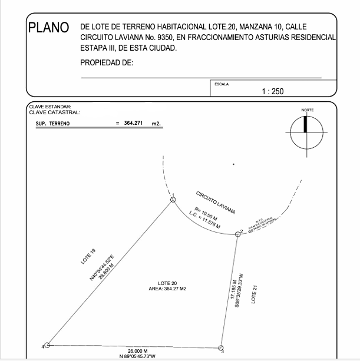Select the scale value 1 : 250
click(x=273, y=91)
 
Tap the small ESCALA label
click(x=222, y=84)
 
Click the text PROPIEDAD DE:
click(x=107, y=62)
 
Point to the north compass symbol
click(x=306, y=132)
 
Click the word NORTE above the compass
click(x=307, y=110)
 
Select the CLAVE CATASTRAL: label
click(x=54, y=112)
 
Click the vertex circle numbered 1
click(x=173, y=200)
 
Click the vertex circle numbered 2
click(x=238, y=234)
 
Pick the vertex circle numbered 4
click(x=48, y=346)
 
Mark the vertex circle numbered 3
click(x=221, y=348)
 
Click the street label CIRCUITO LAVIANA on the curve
click(x=215, y=202)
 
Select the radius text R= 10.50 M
click(x=209, y=213)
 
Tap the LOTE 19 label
click(x=88, y=259)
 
